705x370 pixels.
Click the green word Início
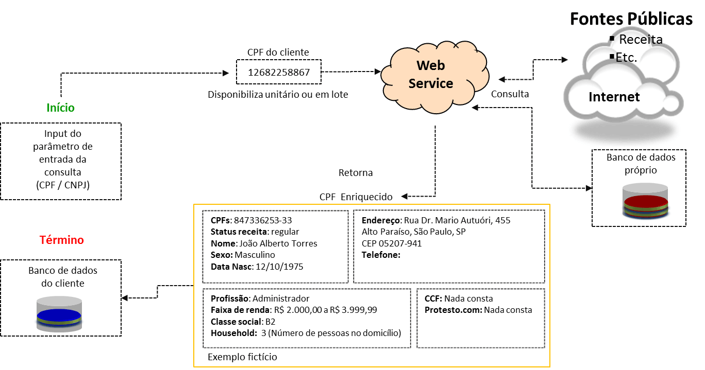pos(60,108)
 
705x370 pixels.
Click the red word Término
pos(61,240)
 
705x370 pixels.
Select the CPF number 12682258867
pos(279,73)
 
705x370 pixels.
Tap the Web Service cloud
pos(430,75)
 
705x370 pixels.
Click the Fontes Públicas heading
pos(631,19)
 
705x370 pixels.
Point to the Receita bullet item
pos(641,40)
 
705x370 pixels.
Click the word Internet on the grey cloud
pos(614,97)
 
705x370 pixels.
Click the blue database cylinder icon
pos(59,314)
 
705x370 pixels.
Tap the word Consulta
pos(510,94)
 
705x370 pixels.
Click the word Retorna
pos(356,172)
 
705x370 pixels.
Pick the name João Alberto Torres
pos(278,243)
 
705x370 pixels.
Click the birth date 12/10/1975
pos(278,267)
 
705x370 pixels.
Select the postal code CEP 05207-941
pos(392,243)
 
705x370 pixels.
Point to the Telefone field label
pos(381,255)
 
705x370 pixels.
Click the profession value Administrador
pos(281,298)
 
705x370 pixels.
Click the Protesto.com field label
pos(453,310)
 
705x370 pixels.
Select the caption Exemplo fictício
pos(242,357)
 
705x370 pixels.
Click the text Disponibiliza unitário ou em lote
pos(278,95)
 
